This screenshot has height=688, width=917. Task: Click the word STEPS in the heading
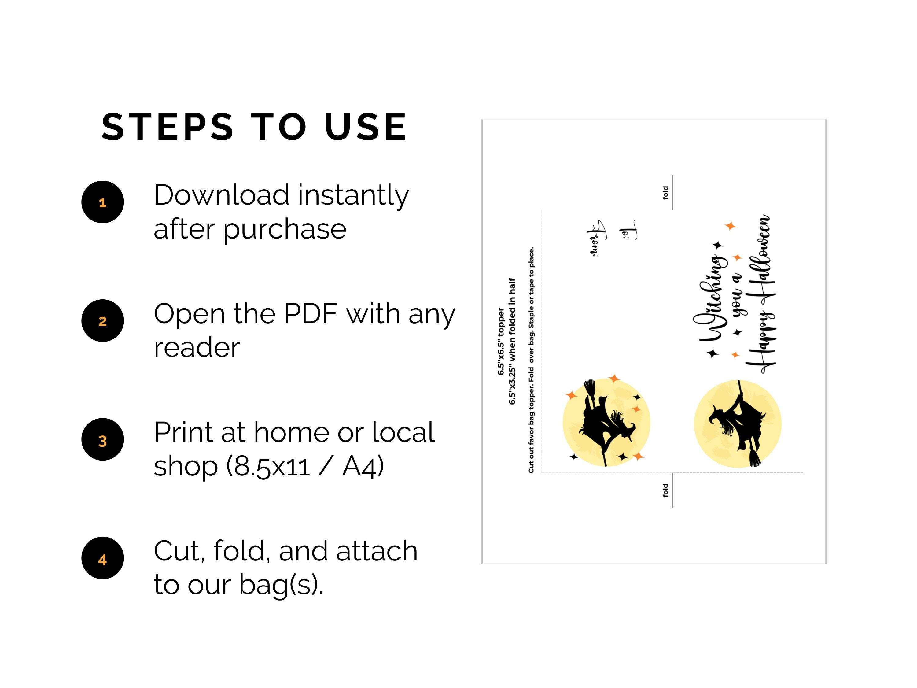click(x=168, y=127)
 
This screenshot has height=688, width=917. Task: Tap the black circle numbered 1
click(x=102, y=202)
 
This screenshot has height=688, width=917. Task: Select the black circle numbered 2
click(x=102, y=320)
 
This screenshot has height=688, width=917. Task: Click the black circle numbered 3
click(x=102, y=439)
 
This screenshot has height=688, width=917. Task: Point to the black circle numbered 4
click(x=102, y=558)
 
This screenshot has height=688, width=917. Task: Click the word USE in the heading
click(x=366, y=127)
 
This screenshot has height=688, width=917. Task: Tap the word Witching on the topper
click(x=710, y=298)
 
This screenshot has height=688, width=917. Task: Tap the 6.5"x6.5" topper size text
click(x=501, y=341)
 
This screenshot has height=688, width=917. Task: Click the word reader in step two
click(x=197, y=348)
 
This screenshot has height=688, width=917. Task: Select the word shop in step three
click(x=186, y=467)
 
